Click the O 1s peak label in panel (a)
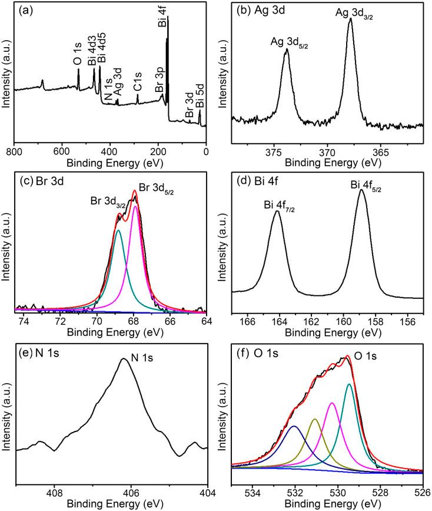pyautogui.click(x=77, y=56)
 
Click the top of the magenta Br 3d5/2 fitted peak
pyautogui.click(x=135, y=206)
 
